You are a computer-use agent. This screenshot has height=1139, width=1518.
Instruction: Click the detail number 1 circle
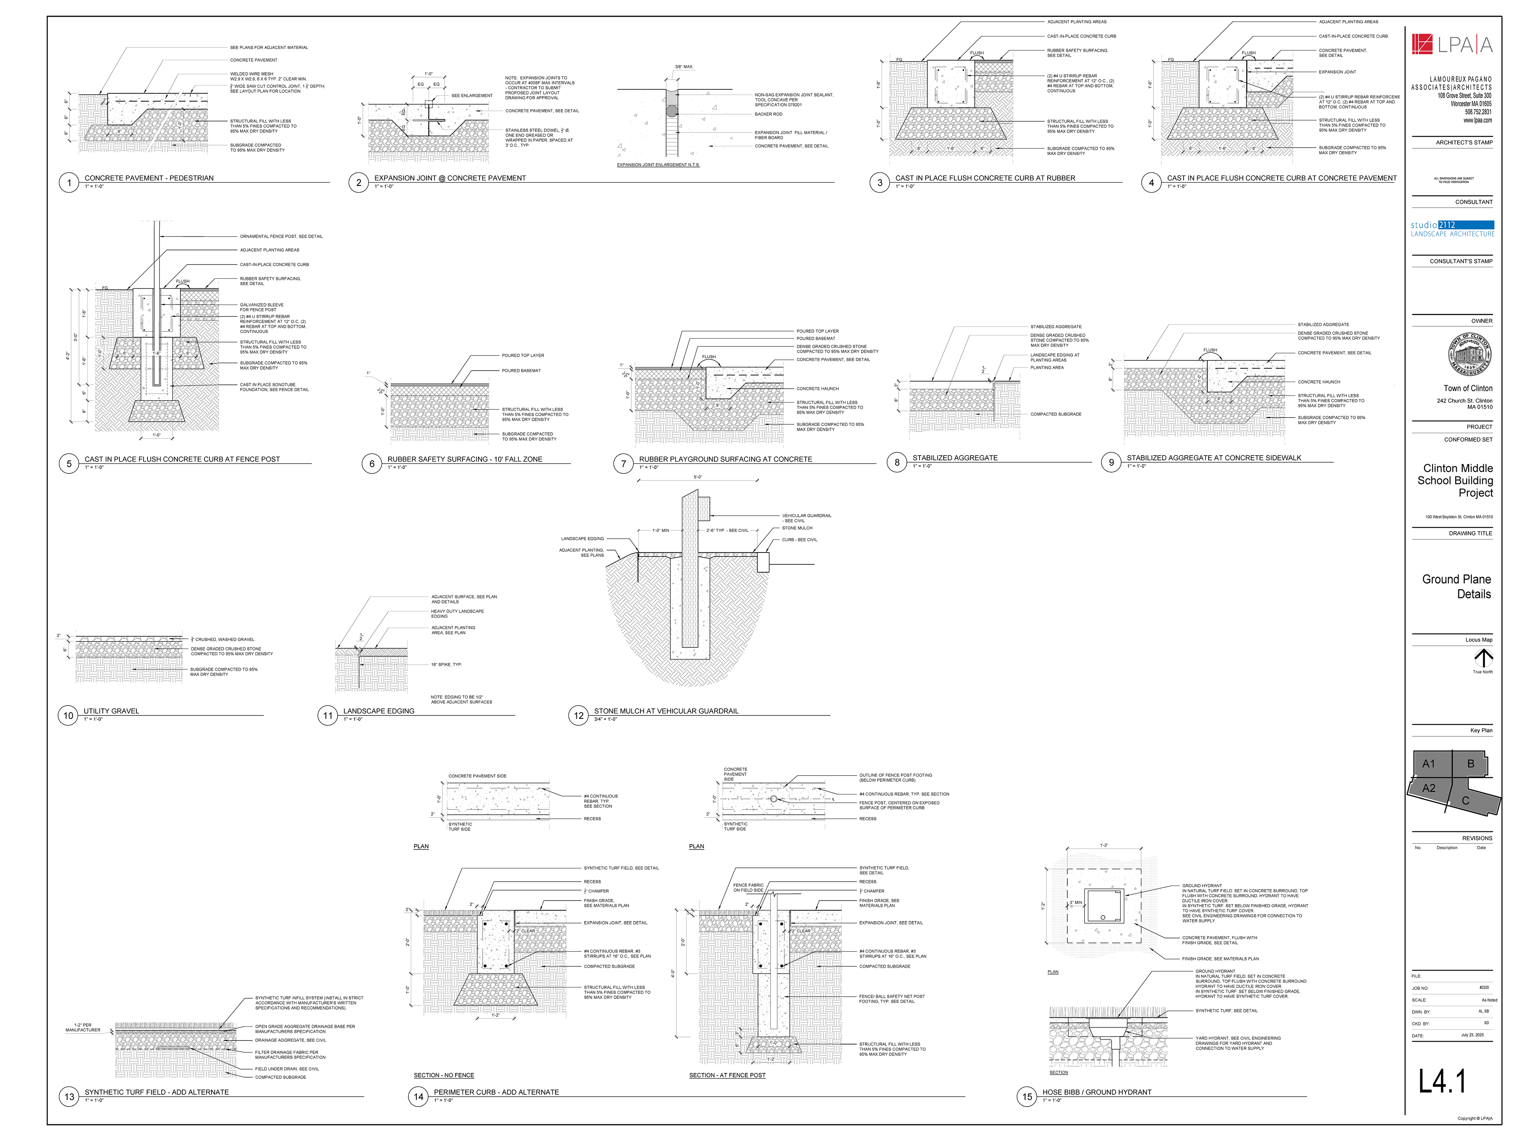tap(69, 183)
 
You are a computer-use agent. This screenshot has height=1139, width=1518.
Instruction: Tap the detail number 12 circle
tap(578, 715)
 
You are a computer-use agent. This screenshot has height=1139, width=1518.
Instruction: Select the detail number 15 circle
tap(1027, 1096)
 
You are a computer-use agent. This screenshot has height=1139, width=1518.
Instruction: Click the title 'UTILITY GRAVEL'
tap(111, 711)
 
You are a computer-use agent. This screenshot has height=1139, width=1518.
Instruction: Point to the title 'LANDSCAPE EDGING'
tap(378, 711)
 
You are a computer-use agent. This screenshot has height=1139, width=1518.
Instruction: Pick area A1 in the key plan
tap(1429, 763)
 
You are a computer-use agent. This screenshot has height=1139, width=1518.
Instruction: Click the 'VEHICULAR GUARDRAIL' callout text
tap(806, 518)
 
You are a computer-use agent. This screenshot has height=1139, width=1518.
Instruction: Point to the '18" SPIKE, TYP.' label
tap(446, 664)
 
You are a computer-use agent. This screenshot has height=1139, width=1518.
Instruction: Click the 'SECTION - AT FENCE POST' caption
tap(727, 1075)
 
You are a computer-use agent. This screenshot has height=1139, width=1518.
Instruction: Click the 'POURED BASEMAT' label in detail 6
tap(521, 371)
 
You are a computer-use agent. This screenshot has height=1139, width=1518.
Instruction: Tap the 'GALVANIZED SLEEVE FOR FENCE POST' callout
tap(261, 307)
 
